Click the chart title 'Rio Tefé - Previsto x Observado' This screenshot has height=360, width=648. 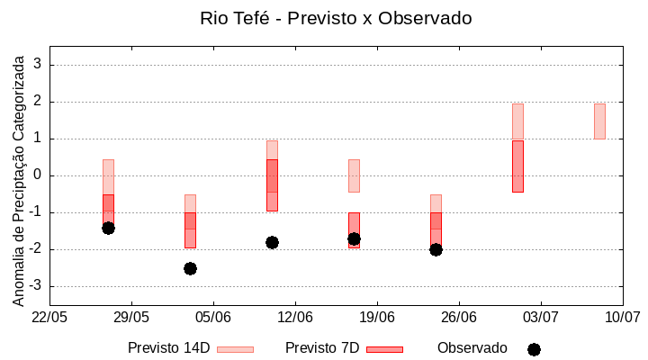tap(336, 18)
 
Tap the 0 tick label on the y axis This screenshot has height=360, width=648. tap(38, 175)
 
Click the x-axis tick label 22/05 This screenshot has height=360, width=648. tap(49, 317)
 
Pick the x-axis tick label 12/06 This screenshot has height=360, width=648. tap(294, 317)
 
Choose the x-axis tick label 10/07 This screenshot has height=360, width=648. tap(622, 317)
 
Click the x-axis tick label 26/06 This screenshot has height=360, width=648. tap(458, 317)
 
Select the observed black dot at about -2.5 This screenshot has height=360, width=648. tap(190, 268)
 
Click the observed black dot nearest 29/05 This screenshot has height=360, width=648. tap(108, 228)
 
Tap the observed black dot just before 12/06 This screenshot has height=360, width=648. tap(272, 242)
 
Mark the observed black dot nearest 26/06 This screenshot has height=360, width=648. tap(436, 249)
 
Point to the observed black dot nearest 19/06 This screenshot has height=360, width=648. tap(354, 238)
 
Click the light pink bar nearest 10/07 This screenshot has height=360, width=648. tap(599, 121)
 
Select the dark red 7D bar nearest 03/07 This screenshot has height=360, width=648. tap(517, 166)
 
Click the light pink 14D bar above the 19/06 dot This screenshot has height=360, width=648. tap(354, 175)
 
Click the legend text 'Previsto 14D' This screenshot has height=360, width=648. tap(168, 348)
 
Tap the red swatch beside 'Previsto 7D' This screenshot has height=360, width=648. tap(384, 349)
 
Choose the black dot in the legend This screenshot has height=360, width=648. tap(534, 349)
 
